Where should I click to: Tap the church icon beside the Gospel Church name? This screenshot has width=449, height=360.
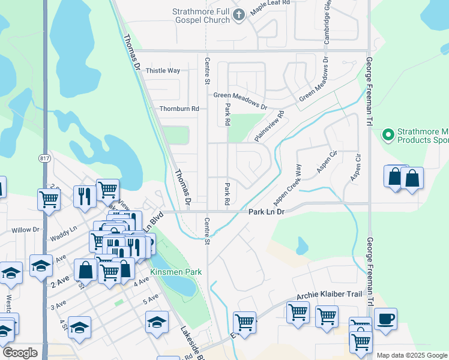point(239,16)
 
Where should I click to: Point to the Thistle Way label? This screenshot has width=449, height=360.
point(163,71)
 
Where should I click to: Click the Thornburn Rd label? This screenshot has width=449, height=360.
point(179,109)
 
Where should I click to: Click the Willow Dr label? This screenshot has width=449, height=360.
point(25,230)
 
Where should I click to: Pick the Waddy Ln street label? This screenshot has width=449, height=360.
point(65,229)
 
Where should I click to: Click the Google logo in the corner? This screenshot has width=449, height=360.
point(20,353)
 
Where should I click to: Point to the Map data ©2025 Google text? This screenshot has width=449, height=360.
point(411,355)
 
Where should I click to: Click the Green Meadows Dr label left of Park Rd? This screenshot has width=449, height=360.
point(240,96)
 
